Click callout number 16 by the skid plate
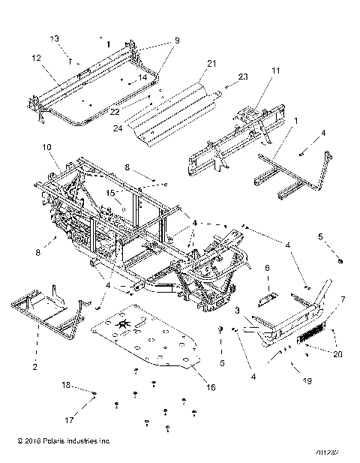coord(211,387)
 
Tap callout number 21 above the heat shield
coord(211,63)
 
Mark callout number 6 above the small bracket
coord(267,267)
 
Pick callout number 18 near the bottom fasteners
coord(65,384)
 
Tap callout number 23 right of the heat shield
coord(242,77)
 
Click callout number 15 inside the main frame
coord(111,194)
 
